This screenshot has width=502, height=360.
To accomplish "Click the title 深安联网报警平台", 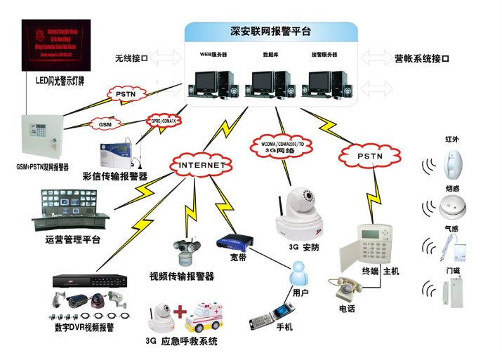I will point(271,32).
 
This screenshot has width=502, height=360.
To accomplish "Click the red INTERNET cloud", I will point(201,165).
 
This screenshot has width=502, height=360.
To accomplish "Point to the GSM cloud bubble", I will point(105,124).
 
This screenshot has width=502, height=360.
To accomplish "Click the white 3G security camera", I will point(301,214).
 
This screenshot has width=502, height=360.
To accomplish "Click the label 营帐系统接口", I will point(421,59).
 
